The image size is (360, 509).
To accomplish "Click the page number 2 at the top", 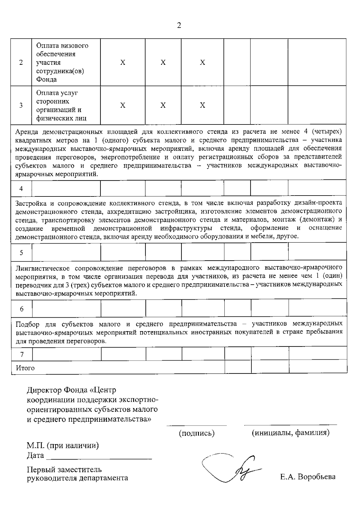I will (179, 25).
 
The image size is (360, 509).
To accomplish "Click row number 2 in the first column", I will (21, 63).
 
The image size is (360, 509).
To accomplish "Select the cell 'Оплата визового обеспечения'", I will (62, 62).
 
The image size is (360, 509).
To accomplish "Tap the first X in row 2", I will (123, 62).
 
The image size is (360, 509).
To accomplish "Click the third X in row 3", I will (202, 105).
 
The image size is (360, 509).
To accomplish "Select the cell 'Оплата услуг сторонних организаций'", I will (61, 105).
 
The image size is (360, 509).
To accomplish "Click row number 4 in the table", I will (21, 189).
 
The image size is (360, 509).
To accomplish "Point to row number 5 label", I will (21, 253).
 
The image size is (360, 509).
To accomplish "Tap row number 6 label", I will (22, 309).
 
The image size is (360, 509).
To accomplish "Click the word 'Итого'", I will (25, 368).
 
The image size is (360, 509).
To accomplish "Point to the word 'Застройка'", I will (30, 203).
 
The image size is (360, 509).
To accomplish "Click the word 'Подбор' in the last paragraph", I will (27, 324).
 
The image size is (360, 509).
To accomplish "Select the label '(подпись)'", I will (196, 433).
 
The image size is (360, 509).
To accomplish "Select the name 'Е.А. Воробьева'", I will (308, 477).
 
